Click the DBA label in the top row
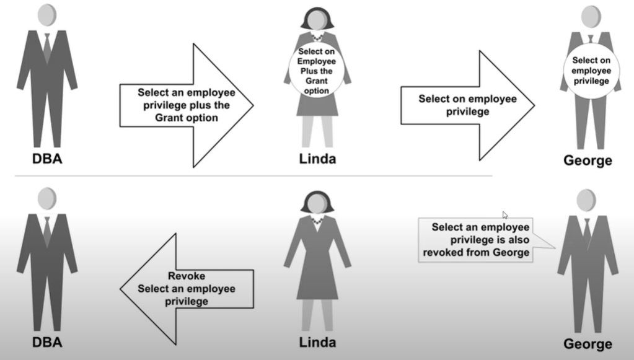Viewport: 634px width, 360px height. pos(47,159)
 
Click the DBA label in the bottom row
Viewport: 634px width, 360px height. pos(47,341)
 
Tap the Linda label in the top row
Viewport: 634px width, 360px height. pos(317,159)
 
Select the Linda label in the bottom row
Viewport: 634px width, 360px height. pos(317,341)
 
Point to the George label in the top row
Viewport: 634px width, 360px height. pos(588,160)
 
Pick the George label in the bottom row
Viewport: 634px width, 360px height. pos(588,343)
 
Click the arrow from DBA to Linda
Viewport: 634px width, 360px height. pos(186,105)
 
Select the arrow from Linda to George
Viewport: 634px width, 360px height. pos(467,105)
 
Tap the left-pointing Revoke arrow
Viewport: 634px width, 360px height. pos(186,288)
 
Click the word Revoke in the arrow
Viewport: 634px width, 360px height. pos(187,276)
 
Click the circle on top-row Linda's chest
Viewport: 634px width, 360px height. pos(317,72)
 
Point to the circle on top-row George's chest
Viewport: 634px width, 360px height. pos(590,71)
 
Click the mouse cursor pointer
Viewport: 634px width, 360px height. pos(505,215)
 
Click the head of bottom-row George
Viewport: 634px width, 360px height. pos(586,200)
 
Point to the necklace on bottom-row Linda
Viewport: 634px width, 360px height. pos(317,220)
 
